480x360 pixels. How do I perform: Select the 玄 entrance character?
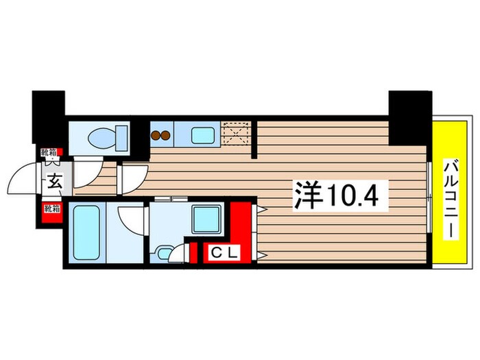click(53, 182)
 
